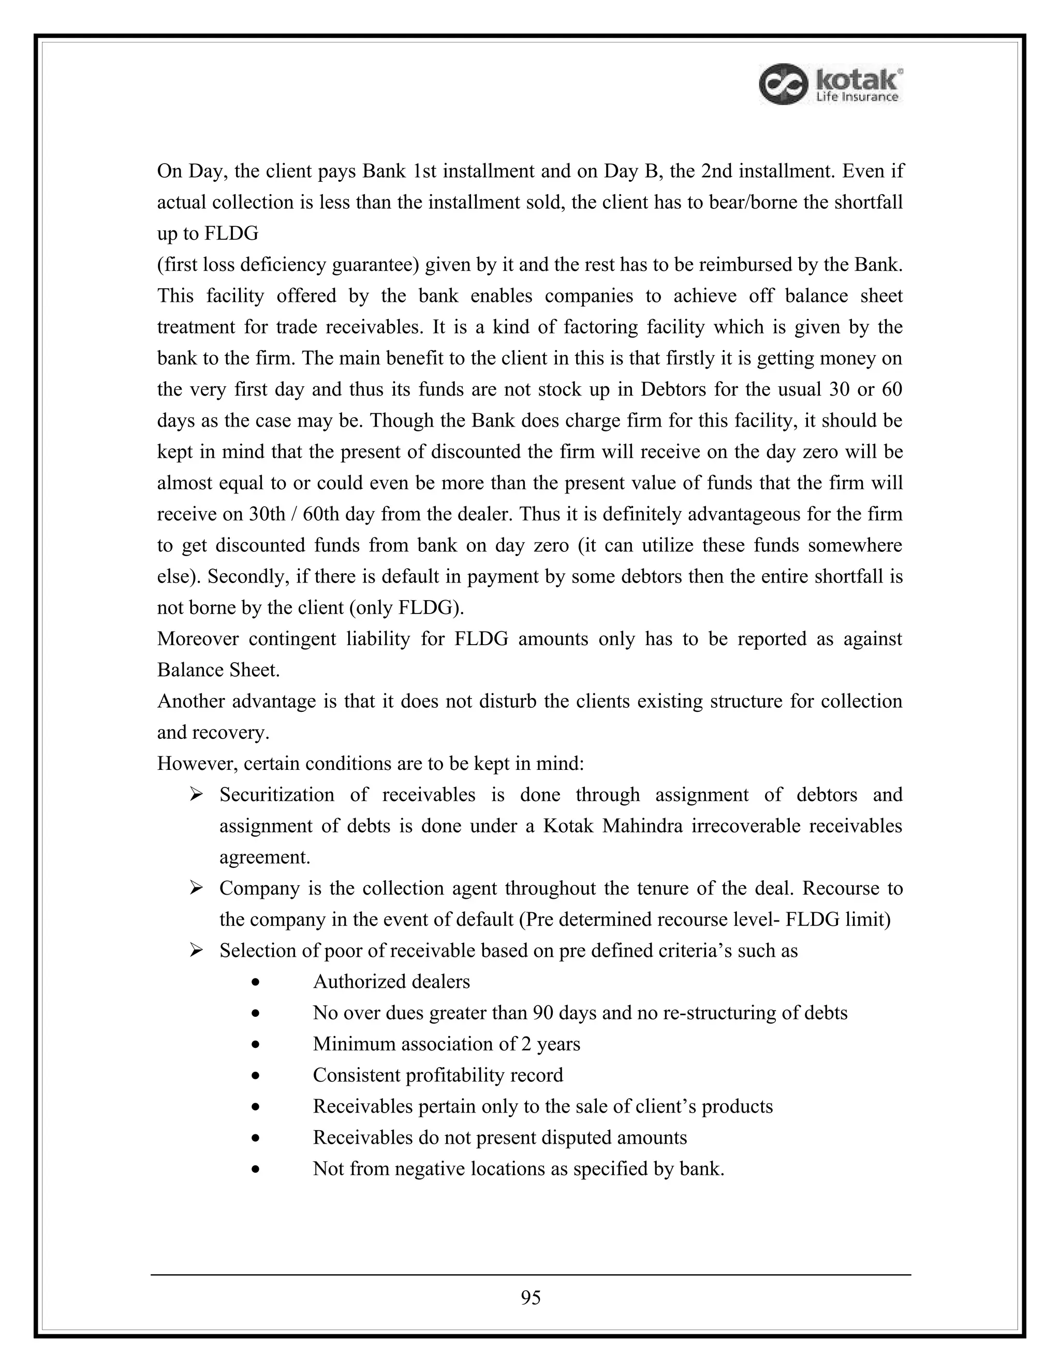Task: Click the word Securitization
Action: (277, 795)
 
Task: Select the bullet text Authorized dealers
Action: (391, 981)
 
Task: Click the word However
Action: (197, 764)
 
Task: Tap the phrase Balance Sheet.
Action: (218, 670)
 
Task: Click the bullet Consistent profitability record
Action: (438, 1075)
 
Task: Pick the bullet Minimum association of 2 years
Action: (447, 1044)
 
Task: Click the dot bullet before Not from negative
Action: (255, 1170)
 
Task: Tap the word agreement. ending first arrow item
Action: (264, 857)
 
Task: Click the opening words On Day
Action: (186, 171)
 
